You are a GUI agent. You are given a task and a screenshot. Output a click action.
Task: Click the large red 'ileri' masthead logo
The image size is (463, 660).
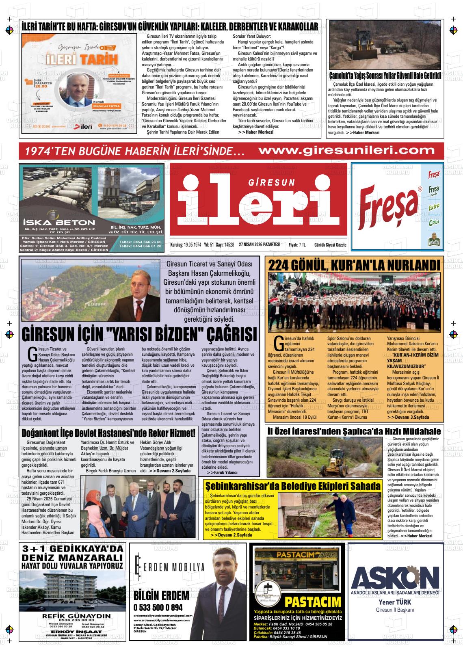click(x=259, y=203)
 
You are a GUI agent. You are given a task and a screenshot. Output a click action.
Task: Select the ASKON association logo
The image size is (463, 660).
click(x=395, y=577)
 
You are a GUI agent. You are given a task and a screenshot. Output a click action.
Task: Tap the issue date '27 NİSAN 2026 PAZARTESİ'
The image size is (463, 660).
click(x=260, y=244)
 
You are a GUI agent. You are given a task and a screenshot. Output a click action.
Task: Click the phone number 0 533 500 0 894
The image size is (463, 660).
click(x=158, y=608)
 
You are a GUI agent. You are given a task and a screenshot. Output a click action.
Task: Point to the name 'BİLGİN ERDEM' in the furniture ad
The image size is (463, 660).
click(x=161, y=595)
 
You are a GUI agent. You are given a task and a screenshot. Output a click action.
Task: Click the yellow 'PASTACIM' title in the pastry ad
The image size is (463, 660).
click(x=313, y=601)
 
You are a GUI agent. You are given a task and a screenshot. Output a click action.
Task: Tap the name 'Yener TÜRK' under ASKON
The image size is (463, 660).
click(x=395, y=602)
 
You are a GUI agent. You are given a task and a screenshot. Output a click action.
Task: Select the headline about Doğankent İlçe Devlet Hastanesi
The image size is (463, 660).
click(x=108, y=433)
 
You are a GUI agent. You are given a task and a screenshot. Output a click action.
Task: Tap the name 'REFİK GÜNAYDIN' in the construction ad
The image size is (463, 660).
click(x=71, y=616)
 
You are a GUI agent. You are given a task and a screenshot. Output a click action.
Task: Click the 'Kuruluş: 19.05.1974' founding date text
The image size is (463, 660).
click(x=186, y=245)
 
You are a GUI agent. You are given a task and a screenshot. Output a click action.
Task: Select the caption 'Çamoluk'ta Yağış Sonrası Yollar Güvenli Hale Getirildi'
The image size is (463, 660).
click(x=385, y=76)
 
